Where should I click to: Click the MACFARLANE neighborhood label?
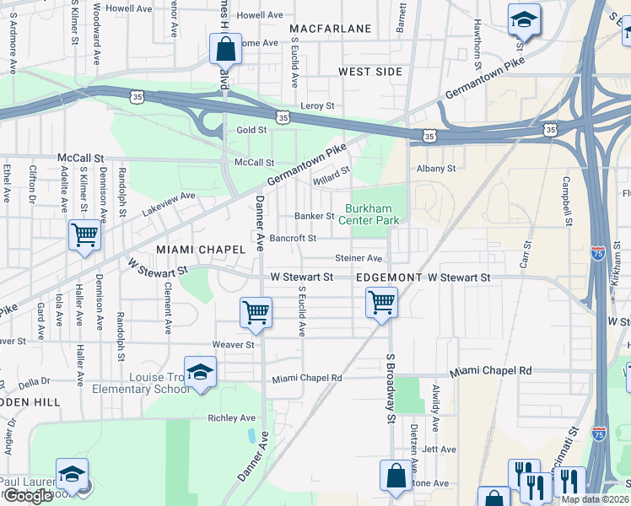pos(330,29)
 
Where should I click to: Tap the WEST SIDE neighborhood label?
pos(370,72)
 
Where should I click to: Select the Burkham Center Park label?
pos(373,214)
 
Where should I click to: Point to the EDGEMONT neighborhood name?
pos(389,277)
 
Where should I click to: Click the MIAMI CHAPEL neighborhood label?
pos(200,250)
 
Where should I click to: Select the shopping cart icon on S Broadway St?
pos(382,301)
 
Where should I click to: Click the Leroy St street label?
pos(318,105)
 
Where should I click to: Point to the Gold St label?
pos(251,130)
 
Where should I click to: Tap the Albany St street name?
pos(436,168)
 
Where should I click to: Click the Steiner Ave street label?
pos(359,258)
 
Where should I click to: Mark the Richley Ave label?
pos(231,417)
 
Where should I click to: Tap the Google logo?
pos(28,496)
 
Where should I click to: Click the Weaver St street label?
pos(233,344)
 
